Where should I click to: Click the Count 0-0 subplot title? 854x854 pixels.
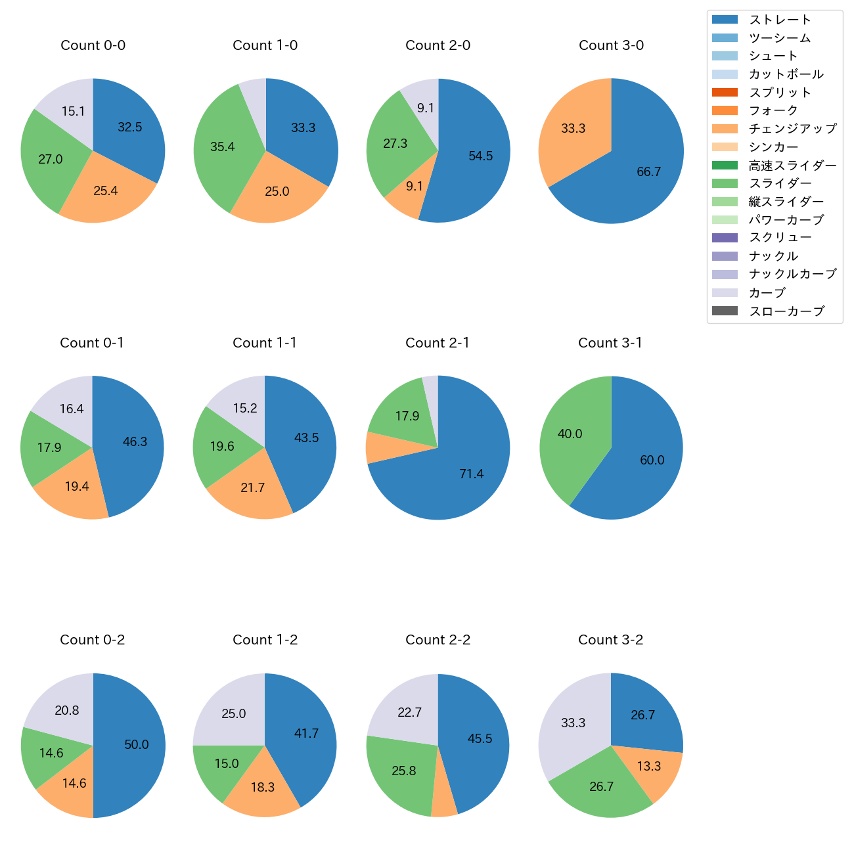tap(93, 45)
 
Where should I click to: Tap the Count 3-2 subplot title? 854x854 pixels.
tap(610, 640)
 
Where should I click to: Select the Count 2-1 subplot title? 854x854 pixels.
tap(438, 343)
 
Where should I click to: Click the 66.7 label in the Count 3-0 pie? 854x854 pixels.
tap(648, 172)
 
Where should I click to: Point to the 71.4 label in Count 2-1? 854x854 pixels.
tap(471, 474)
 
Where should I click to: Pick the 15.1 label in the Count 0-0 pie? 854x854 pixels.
tap(73, 112)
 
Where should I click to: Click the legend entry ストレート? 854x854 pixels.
tap(780, 20)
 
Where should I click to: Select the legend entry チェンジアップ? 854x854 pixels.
tap(792, 129)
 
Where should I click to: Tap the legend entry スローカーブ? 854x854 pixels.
tap(786, 311)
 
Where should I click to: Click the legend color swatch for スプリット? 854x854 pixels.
tap(725, 93)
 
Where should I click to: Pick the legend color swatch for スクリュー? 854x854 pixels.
tap(725, 238)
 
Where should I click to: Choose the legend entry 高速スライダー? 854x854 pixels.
tap(792, 166)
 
